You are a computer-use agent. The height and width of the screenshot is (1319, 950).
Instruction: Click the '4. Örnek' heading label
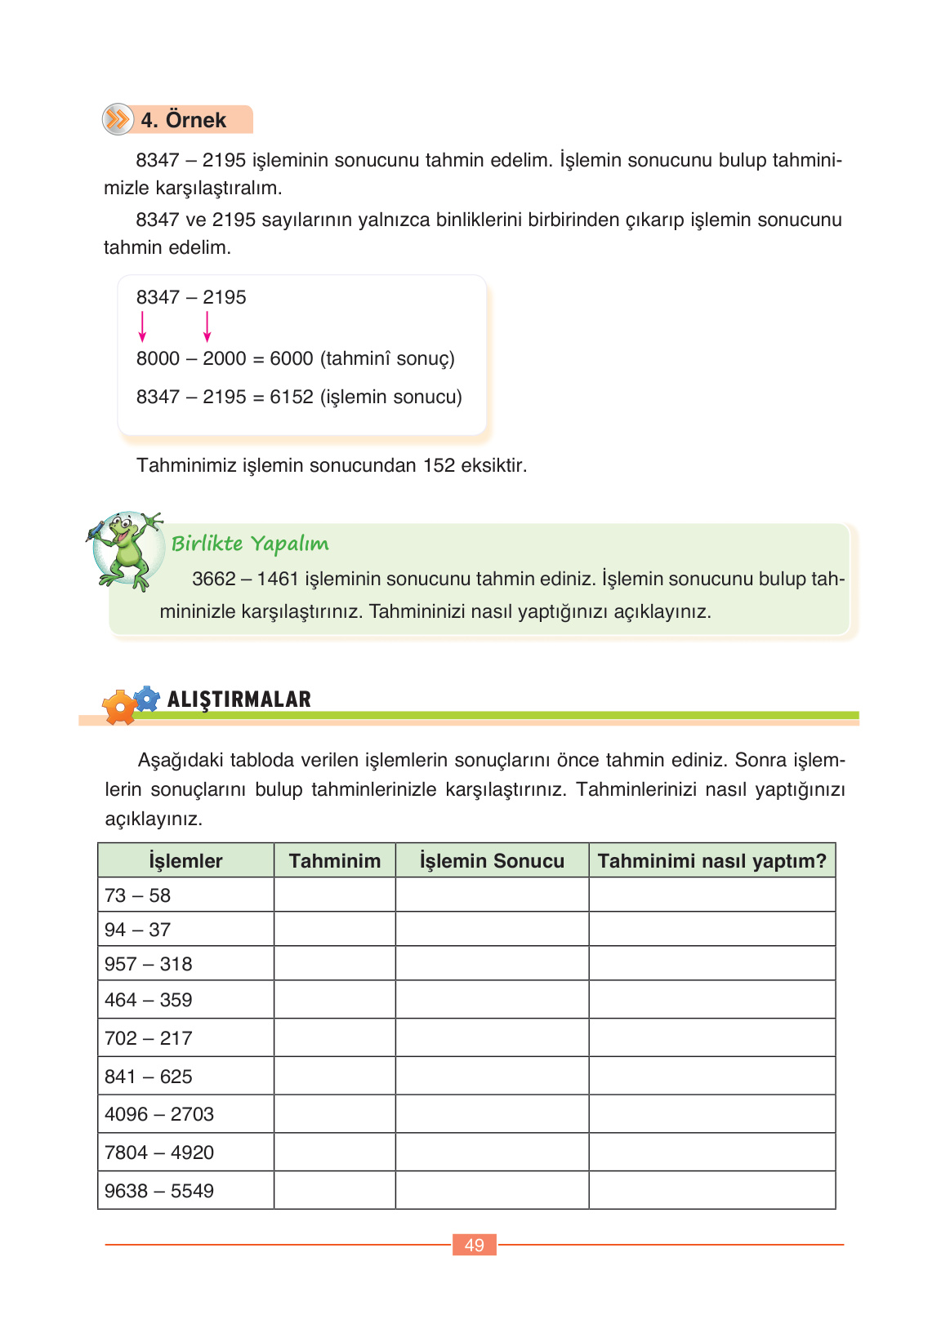pyautogui.click(x=183, y=120)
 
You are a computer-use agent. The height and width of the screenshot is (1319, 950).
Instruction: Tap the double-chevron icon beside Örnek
pyautogui.click(x=118, y=119)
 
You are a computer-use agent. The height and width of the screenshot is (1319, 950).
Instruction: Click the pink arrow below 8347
pyautogui.click(x=142, y=326)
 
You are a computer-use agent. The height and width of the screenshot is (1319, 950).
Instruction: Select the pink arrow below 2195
pyautogui.click(x=207, y=326)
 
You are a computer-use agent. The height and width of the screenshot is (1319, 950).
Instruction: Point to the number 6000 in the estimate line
pyautogui.click(x=292, y=358)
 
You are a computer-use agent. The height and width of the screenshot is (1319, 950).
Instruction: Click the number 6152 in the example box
pyautogui.click(x=292, y=397)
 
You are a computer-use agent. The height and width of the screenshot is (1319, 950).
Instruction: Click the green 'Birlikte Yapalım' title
pyautogui.click(x=250, y=544)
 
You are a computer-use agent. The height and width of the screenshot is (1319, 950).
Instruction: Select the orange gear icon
pyautogui.click(x=119, y=707)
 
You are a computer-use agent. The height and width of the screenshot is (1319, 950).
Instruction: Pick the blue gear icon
pyautogui.click(x=147, y=699)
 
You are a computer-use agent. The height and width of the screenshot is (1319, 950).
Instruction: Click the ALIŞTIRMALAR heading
pyautogui.click(x=239, y=699)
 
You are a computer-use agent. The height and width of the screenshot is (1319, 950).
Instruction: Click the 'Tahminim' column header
pyautogui.click(x=335, y=861)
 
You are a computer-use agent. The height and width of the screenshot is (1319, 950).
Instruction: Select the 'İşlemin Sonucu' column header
pyautogui.click(x=492, y=861)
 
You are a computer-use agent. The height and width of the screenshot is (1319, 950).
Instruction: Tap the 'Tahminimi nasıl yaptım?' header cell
pyautogui.click(x=712, y=861)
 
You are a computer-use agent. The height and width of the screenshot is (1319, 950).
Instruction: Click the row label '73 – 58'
pyautogui.click(x=137, y=895)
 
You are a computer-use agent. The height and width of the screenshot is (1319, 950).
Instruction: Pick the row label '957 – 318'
pyautogui.click(x=148, y=964)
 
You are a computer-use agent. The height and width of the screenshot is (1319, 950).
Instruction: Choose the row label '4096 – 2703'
pyautogui.click(x=159, y=1114)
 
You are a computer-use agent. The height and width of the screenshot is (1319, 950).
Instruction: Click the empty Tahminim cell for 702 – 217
pyautogui.click(x=335, y=1038)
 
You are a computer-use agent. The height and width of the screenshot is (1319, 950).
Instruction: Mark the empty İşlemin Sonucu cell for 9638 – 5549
pyautogui.click(x=492, y=1191)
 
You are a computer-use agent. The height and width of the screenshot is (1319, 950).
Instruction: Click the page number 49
pyautogui.click(x=475, y=1245)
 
